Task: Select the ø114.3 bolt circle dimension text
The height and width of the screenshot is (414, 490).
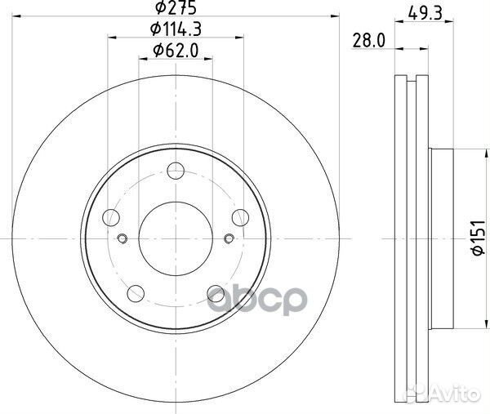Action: pyautogui.click(x=175, y=31)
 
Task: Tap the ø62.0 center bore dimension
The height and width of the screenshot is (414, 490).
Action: pyautogui.click(x=175, y=51)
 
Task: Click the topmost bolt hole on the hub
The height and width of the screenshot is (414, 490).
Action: pyautogui.click(x=176, y=171)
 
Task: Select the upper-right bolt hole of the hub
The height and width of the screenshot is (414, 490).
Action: pyautogui.click(x=240, y=216)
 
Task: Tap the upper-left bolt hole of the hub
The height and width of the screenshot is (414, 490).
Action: pyautogui.click(x=112, y=216)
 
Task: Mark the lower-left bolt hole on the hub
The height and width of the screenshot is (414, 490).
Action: pyautogui.click(x=136, y=292)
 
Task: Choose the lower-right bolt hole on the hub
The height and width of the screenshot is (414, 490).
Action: pyautogui.click(x=216, y=292)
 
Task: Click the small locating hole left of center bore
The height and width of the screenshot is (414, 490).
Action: pyautogui.click(x=122, y=238)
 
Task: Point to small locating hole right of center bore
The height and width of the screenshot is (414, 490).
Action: pyautogui.click(x=229, y=238)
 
